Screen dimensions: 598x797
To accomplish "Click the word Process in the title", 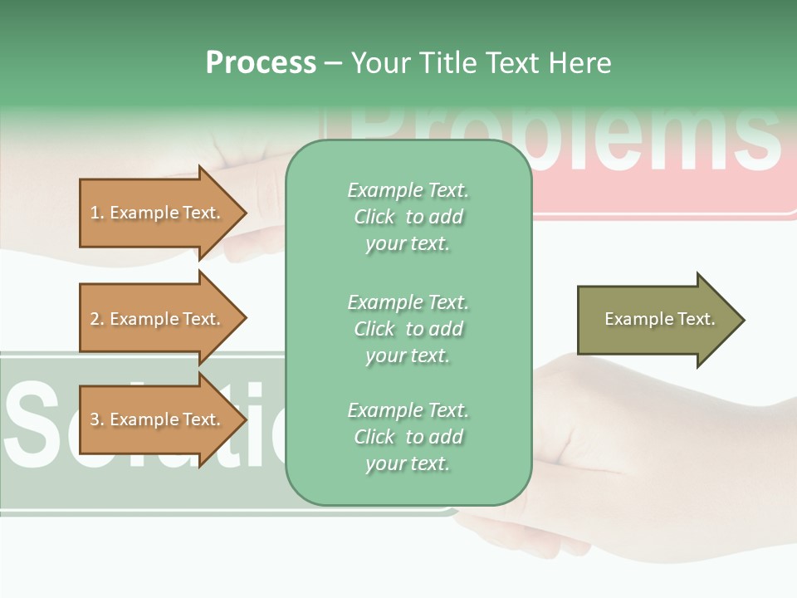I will coord(261,63).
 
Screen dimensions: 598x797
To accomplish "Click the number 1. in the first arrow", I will coord(97,213).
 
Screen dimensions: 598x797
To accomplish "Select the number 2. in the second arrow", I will coord(97,319).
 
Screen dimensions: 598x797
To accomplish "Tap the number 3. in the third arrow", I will coord(97,419).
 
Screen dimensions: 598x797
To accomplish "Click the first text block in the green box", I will coord(408,217).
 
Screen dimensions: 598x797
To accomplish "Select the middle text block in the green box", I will coord(408,329).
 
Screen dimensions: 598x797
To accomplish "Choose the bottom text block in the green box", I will coord(408,437).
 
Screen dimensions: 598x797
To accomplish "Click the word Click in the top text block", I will coord(374,217).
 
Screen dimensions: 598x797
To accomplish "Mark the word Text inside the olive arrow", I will coord(696,319).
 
